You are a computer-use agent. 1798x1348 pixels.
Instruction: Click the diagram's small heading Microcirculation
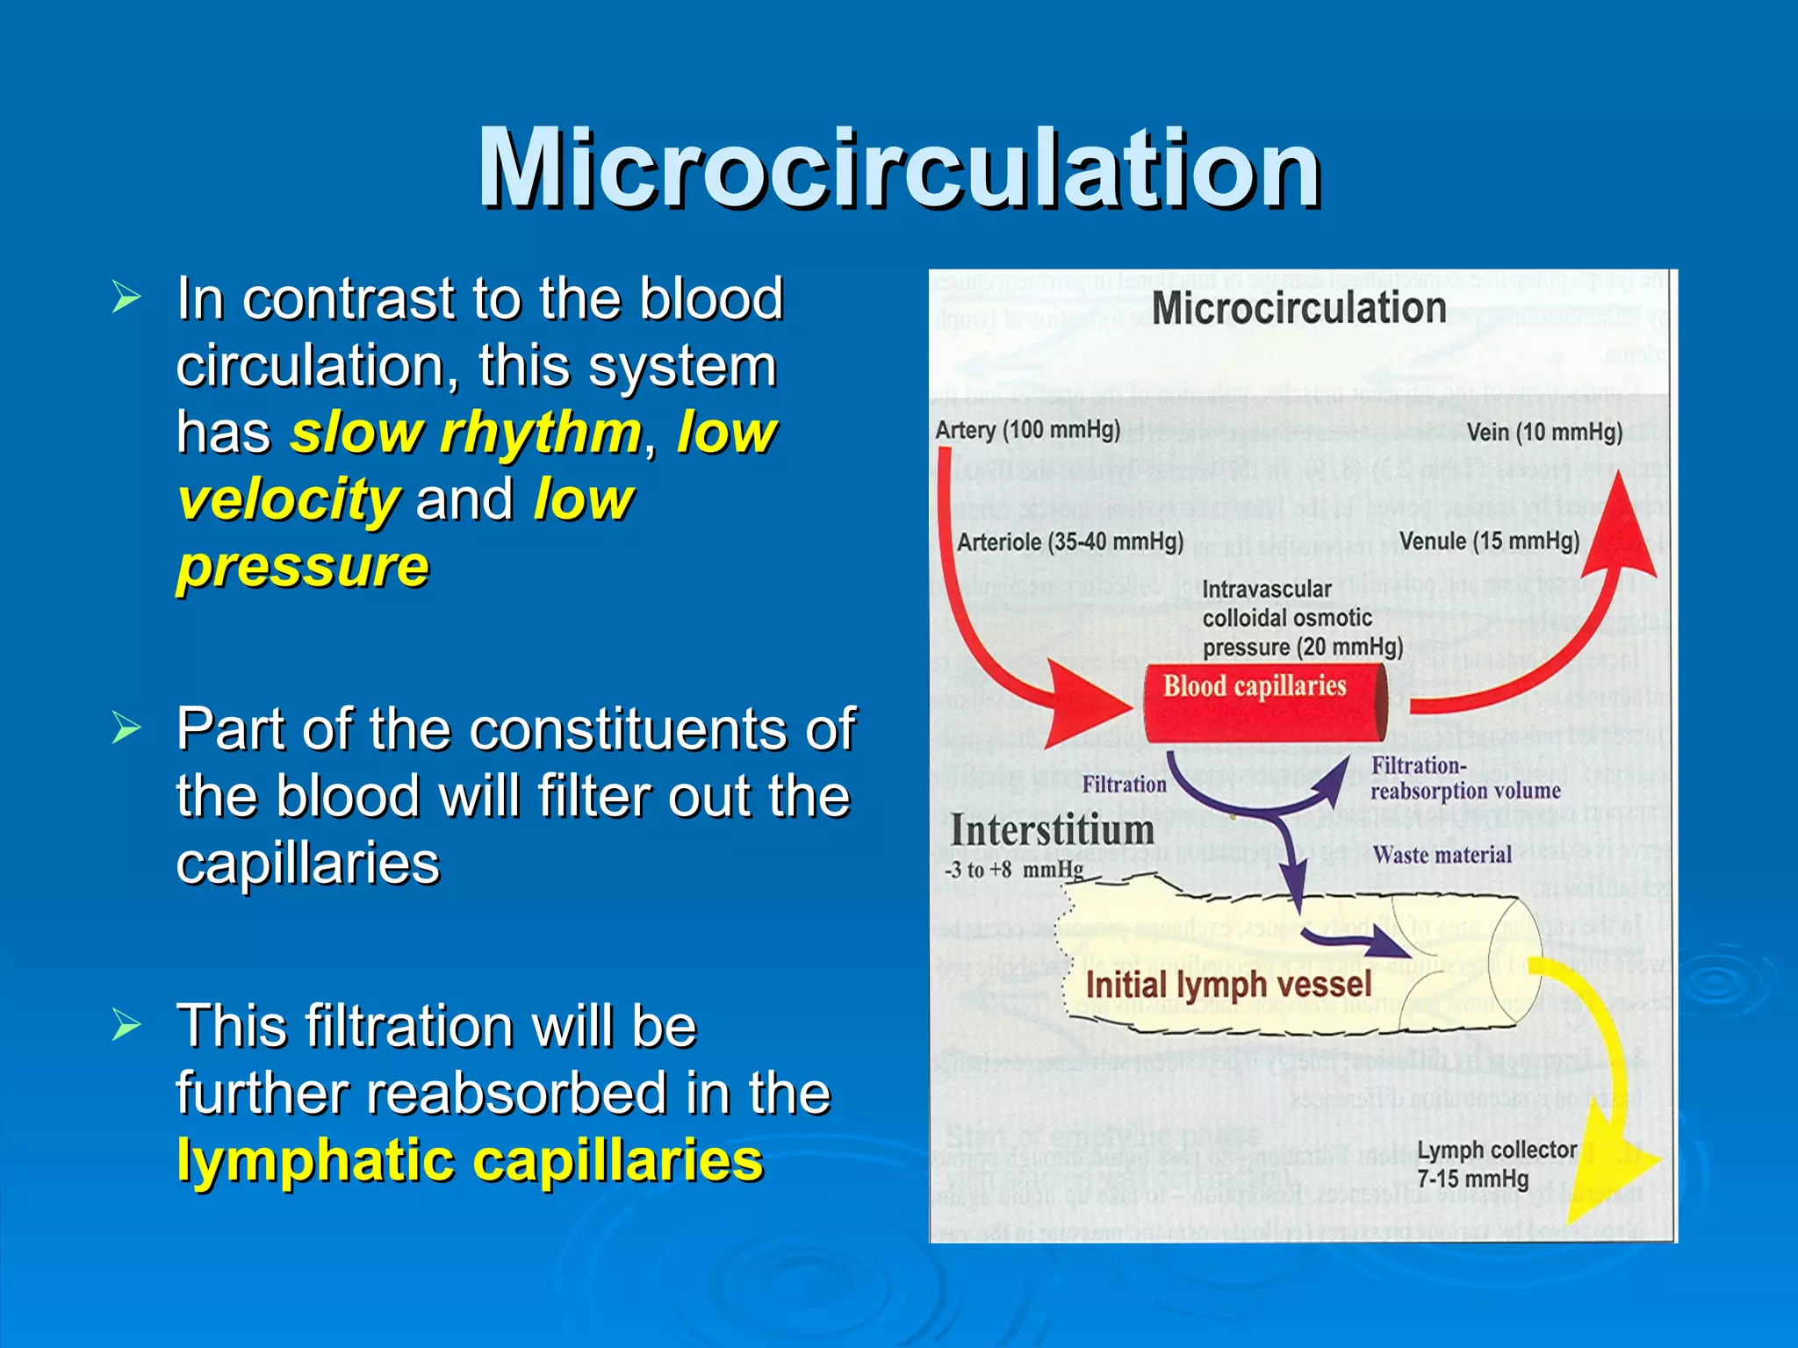point(1298,308)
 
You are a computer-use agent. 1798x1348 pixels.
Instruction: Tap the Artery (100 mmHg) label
point(1027,429)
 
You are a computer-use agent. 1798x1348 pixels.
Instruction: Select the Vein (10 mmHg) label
point(1544,432)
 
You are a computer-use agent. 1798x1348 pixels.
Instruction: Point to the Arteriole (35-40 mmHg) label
point(1069,541)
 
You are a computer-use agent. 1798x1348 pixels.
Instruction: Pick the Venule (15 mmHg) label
point(1489,541)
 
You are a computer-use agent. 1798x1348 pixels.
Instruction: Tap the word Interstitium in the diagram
point(1052,830)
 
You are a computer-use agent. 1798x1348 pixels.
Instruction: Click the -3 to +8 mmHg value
point(1014,870)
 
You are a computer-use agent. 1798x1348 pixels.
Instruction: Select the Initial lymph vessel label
point(1228,984)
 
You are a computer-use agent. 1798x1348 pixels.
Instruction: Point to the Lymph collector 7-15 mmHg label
point(1496,1164)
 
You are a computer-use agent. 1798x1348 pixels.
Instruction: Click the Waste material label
point(1442,855)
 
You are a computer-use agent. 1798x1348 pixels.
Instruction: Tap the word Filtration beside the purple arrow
point(1124,784)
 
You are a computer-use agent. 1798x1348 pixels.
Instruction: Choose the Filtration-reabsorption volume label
point(1464,778)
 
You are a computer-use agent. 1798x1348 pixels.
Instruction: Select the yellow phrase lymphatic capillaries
point(470,1160)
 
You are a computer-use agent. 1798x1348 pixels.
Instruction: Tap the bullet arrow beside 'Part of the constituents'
point(126,728)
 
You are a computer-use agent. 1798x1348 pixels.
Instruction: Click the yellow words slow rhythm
point(466,433)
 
